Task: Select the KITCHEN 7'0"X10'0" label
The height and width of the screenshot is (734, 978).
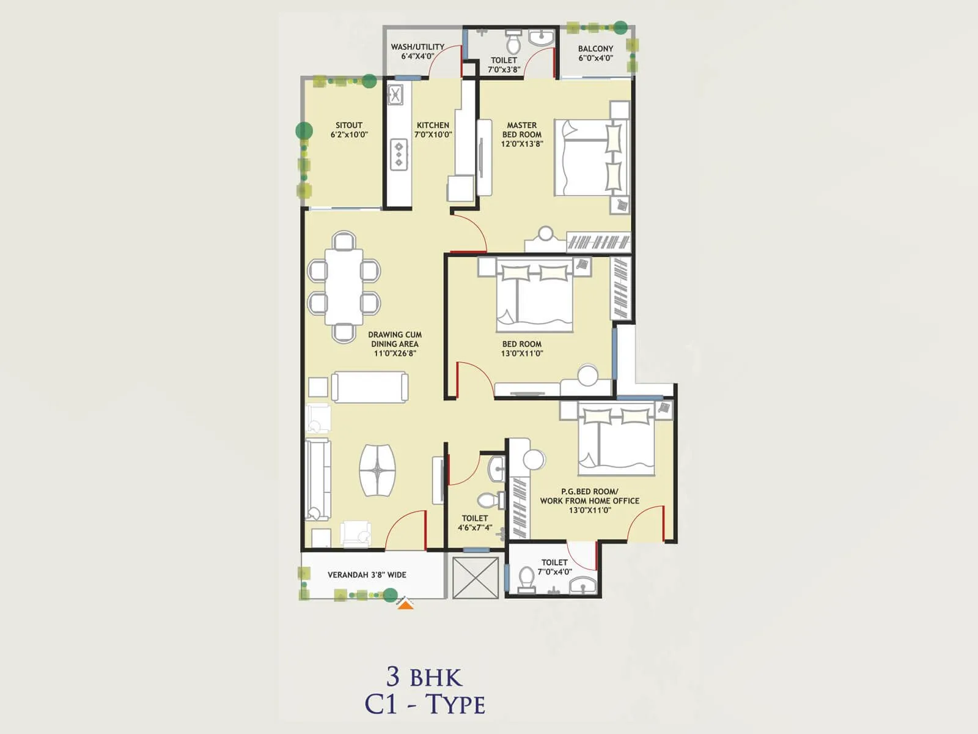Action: click(x=433, y=130)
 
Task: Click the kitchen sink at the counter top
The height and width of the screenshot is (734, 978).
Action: click(x=396, y=95)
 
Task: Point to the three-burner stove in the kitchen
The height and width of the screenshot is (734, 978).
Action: click(x=399, y=154)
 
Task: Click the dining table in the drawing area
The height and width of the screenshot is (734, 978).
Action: click(x=344, y=286)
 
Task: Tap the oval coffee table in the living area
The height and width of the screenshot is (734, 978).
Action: click(x=377, y=470)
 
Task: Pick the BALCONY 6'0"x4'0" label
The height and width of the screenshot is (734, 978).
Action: click(x=595, y=53)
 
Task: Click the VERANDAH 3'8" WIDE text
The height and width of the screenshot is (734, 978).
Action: click(x=367, y=575)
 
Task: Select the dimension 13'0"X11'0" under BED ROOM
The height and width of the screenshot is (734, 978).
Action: click(x=522, y=354)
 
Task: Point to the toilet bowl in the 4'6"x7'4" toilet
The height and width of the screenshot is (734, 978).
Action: click(x=487, y=501)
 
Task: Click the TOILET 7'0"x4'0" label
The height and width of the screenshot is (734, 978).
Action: click(x=554, y=567)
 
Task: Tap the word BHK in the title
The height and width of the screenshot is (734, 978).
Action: click(x=436, y=678)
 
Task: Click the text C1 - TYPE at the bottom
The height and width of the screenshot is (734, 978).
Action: click(x=425, y=705)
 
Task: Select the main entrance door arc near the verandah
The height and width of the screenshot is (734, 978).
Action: click(x=405, y=530)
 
